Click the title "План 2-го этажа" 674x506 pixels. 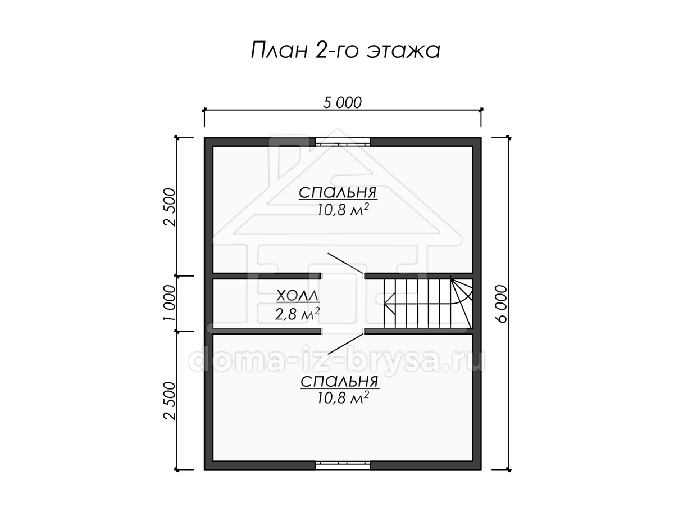click(345, 50)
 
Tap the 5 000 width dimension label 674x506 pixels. click(342, 103)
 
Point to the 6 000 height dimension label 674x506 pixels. click(501, 304)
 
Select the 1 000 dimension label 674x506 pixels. click(169, 303)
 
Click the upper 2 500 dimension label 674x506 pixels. click(170, 207)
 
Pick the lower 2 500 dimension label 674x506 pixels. click(170, 401)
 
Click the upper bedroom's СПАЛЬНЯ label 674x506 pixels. click(338, 193)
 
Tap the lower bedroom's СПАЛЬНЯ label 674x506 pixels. click(340, 382)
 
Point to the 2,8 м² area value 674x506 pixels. click(297, 314)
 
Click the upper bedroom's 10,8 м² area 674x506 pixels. click(343, 210)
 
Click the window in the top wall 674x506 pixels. click(343, 142)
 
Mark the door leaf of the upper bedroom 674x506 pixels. click(346, 263)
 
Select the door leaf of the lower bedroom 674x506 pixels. click(346, 344)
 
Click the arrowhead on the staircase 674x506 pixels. click(389, 304)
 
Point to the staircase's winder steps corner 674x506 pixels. click(461, 304)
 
